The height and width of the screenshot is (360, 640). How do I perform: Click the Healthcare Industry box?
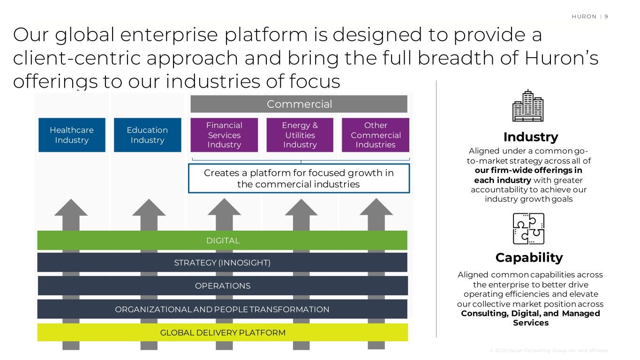coord(72,135)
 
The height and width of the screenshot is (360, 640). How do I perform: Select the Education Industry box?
coord(147,135)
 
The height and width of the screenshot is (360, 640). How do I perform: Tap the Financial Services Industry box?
coord(224,135)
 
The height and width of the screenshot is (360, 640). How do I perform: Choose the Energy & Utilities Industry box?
coord(300,135)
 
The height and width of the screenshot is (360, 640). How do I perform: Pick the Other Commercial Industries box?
coord(376,135)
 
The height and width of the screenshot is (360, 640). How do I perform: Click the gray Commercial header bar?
coord(299,104)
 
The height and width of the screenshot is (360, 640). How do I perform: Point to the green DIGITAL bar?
coord(222,240)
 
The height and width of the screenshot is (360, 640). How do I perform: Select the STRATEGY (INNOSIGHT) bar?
coord(222,262)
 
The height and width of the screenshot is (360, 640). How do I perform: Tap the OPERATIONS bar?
coord(222,285)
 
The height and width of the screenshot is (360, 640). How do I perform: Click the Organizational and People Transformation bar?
coord(222,309)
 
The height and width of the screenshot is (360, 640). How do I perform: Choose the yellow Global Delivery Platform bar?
coord(222,333)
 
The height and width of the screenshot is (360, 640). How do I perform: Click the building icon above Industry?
coord(527,106)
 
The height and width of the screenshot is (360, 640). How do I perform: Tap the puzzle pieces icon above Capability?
coord(529,229)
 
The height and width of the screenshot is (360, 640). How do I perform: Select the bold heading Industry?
coord(530,137)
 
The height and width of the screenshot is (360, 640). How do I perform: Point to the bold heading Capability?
coord(529,257)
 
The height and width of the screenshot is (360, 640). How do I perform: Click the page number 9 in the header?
coord(606,16)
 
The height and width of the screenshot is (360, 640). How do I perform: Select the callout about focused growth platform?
coord(299,179)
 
